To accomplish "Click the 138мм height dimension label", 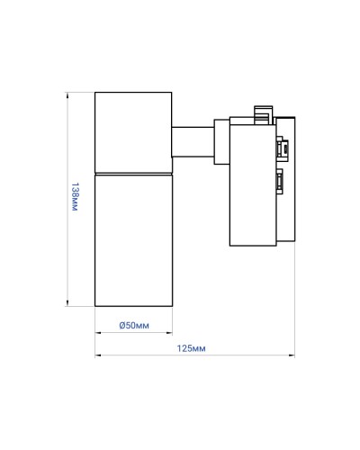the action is click(75, 197).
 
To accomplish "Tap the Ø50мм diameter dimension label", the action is click(134, 325).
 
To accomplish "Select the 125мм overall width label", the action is click(191, 348).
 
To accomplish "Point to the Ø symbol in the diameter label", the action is click(122, 325).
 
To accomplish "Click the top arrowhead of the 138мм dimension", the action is click(67, 94).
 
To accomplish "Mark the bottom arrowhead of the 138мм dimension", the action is click(67, 303).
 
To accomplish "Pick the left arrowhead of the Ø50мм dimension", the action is click(98, 332).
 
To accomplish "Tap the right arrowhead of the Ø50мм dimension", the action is click(169, 332).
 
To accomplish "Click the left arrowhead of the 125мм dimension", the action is click(98, 355).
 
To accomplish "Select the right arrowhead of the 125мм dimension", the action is click(292, 355).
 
